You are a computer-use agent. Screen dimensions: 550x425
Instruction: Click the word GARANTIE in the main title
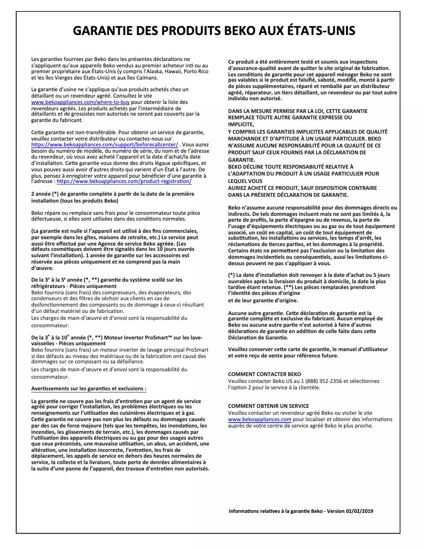[102, 30]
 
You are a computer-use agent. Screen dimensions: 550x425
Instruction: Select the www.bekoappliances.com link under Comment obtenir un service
[260, 419]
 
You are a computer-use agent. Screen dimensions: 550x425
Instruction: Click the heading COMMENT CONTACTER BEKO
[264, 374]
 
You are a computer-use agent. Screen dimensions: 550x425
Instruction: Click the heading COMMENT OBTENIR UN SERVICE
[268, 406]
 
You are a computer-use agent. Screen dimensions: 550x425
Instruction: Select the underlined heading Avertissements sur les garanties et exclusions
[88, 388]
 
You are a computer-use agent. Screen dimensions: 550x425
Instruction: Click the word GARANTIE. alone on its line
[242, 159]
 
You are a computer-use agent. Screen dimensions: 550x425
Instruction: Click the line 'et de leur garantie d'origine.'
[262, 300]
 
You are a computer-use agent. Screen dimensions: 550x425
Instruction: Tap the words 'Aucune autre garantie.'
[252, 313]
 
